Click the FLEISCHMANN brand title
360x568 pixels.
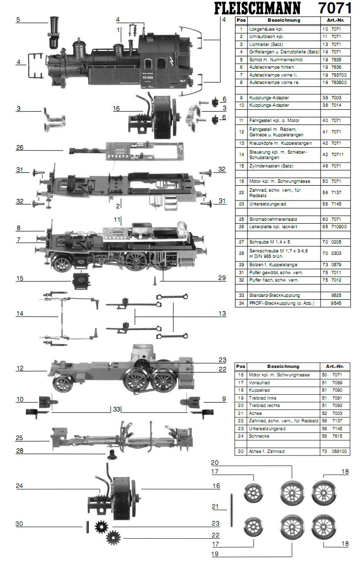pyautogui.click(x=257, y=8)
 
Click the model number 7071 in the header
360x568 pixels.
pyautogui.click(x=335, y=8)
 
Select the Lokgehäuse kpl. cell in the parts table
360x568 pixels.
pyautogui.click(x=266, y=29)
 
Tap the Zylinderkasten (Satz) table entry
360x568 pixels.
pyautogui.click(x=271, y=166)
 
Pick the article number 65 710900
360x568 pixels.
pyautogui.click(x=335, y=227)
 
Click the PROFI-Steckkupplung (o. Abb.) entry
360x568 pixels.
pyautogui.click(x=281, y=303)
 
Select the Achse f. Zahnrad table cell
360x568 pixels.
pyautogui.click(x=267, y=451)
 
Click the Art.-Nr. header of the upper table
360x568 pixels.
pyautogui.click(x=335, y=20)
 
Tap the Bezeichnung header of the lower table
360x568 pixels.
pyautogui.click(x=283, y=366)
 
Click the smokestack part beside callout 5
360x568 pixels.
pyautogui.click(x=54, y=32)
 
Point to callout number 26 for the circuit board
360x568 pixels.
pyautogui.click(x=20, y=148)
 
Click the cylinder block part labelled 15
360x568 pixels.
pyautogui.click(x=81, y=280)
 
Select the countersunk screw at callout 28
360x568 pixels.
pyautogui.click(x=112, y=454)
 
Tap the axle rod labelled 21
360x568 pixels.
pyautogui.click(x=232, y=510)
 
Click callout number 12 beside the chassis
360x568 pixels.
pyautogui.click(x=20, y=368)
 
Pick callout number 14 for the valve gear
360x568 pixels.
pyautogui.click(x=20, y=313)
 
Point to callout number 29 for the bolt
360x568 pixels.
pyautogui.click(x=222, y=278)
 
